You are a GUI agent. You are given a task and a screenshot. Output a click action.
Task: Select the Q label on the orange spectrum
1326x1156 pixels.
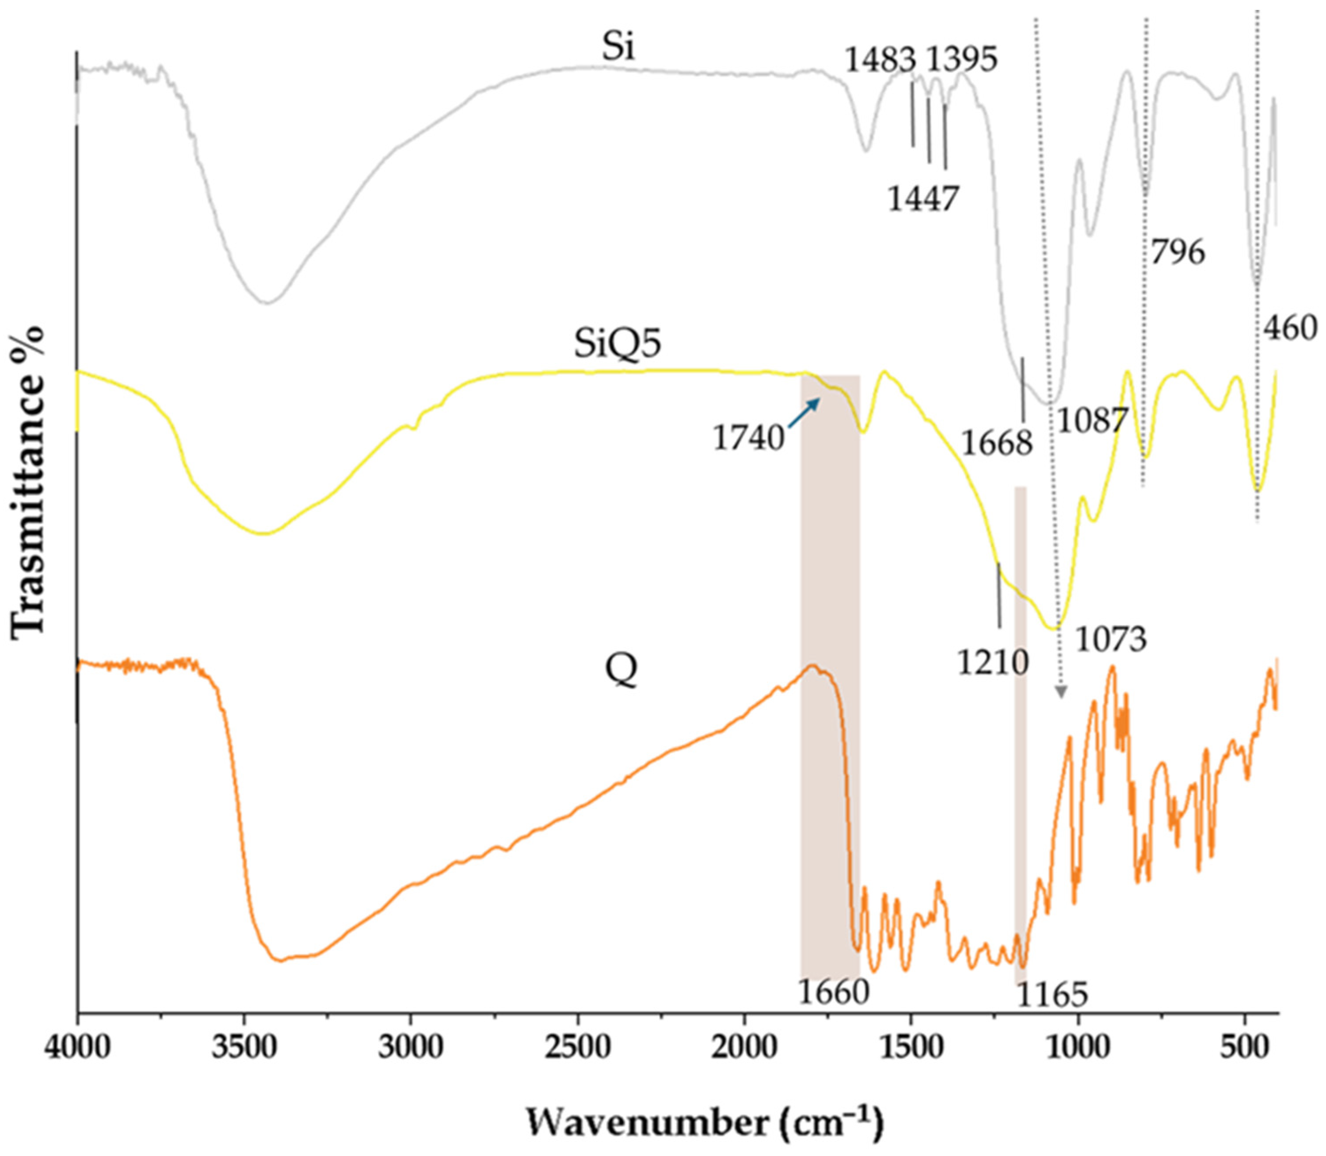[x=621, y=671]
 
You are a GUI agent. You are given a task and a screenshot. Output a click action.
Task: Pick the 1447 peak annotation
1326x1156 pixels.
[x=923, y=198]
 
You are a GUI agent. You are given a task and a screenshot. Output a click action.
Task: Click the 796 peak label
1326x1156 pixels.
[x=1177, y=252]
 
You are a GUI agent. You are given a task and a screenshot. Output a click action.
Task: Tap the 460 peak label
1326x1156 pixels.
[x=1289, y=328]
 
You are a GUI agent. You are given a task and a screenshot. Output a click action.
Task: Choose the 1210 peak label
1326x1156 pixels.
[x=992, y=662]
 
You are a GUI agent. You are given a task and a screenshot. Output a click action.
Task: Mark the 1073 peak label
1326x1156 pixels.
[x=1111, y=639]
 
